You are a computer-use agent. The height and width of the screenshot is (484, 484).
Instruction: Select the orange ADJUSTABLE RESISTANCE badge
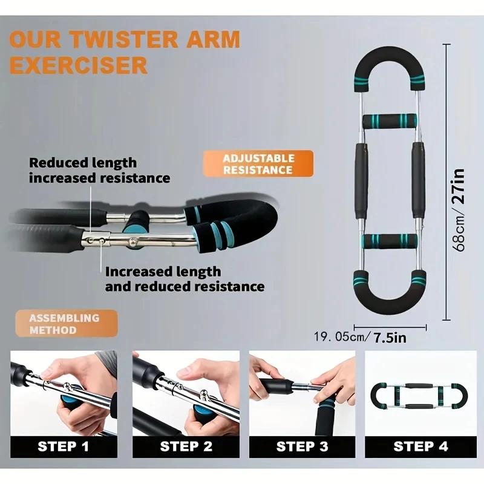tap(258, 163)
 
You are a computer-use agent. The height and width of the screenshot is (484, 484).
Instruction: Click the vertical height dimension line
tap(446, 181)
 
